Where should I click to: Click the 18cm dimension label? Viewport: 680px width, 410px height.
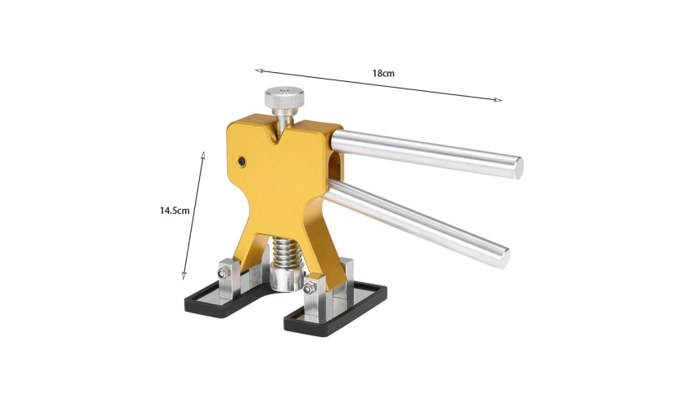383,73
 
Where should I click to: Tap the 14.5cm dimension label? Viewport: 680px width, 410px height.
175,211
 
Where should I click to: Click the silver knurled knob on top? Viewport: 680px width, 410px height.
284,98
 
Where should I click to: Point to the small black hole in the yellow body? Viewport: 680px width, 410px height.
242,162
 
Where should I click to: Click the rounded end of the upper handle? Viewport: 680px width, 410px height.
519,168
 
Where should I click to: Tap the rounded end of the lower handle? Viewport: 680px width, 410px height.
504,258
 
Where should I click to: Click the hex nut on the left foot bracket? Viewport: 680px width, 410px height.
224,273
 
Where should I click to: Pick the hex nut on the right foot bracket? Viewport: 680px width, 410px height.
309,288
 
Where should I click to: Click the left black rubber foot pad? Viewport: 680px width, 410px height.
225,303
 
